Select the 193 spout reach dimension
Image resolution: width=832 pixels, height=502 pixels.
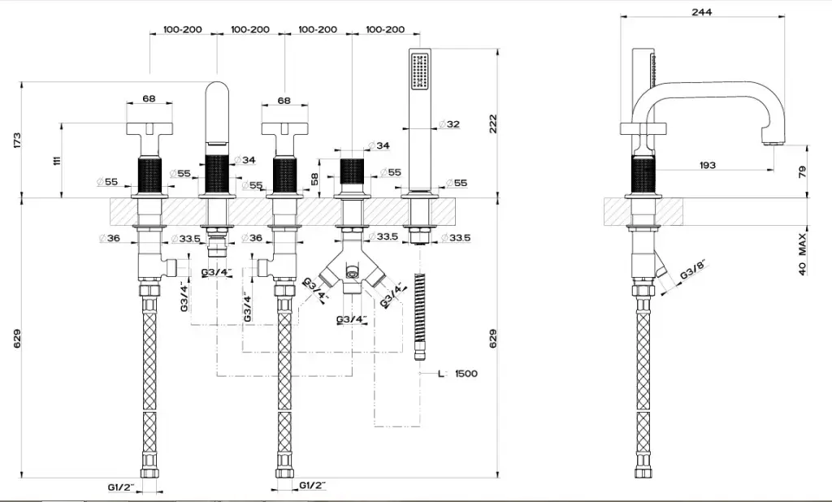click(707, 165)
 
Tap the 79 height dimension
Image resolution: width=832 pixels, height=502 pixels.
click(802, 171)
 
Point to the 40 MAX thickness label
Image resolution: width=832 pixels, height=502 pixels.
click(802, 254)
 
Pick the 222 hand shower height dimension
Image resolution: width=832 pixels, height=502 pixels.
click(492, 123)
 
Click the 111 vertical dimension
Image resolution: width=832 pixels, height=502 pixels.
click(56, 160)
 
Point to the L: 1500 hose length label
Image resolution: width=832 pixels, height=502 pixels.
click(458, 374)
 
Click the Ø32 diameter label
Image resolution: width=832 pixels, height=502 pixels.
click(449, 124)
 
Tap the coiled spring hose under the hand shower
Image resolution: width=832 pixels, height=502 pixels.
click(419, 313)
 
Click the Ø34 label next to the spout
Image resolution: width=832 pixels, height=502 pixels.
click(244, 160)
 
